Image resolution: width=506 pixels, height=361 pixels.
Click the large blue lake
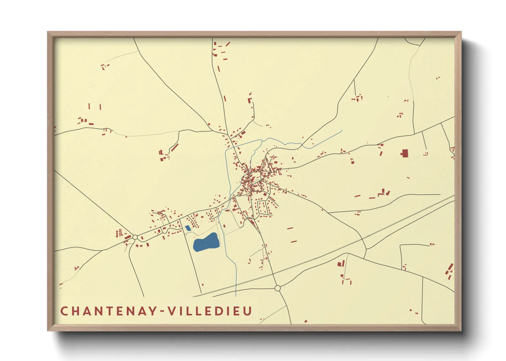pyautogui.click(x=206, y=243)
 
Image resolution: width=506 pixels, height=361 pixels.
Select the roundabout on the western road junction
pyautogui.click(x=135, y=237)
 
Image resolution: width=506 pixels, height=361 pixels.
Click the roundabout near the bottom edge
pyautogui.click(x=278, y=288)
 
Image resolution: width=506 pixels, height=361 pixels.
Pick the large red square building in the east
pyautogui.click(x=405, y=154)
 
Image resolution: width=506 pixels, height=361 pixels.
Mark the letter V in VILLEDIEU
pyautogui.click(x=169, y=311)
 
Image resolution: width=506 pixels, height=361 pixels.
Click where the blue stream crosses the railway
pyautogui.click(x=236, y=290)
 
